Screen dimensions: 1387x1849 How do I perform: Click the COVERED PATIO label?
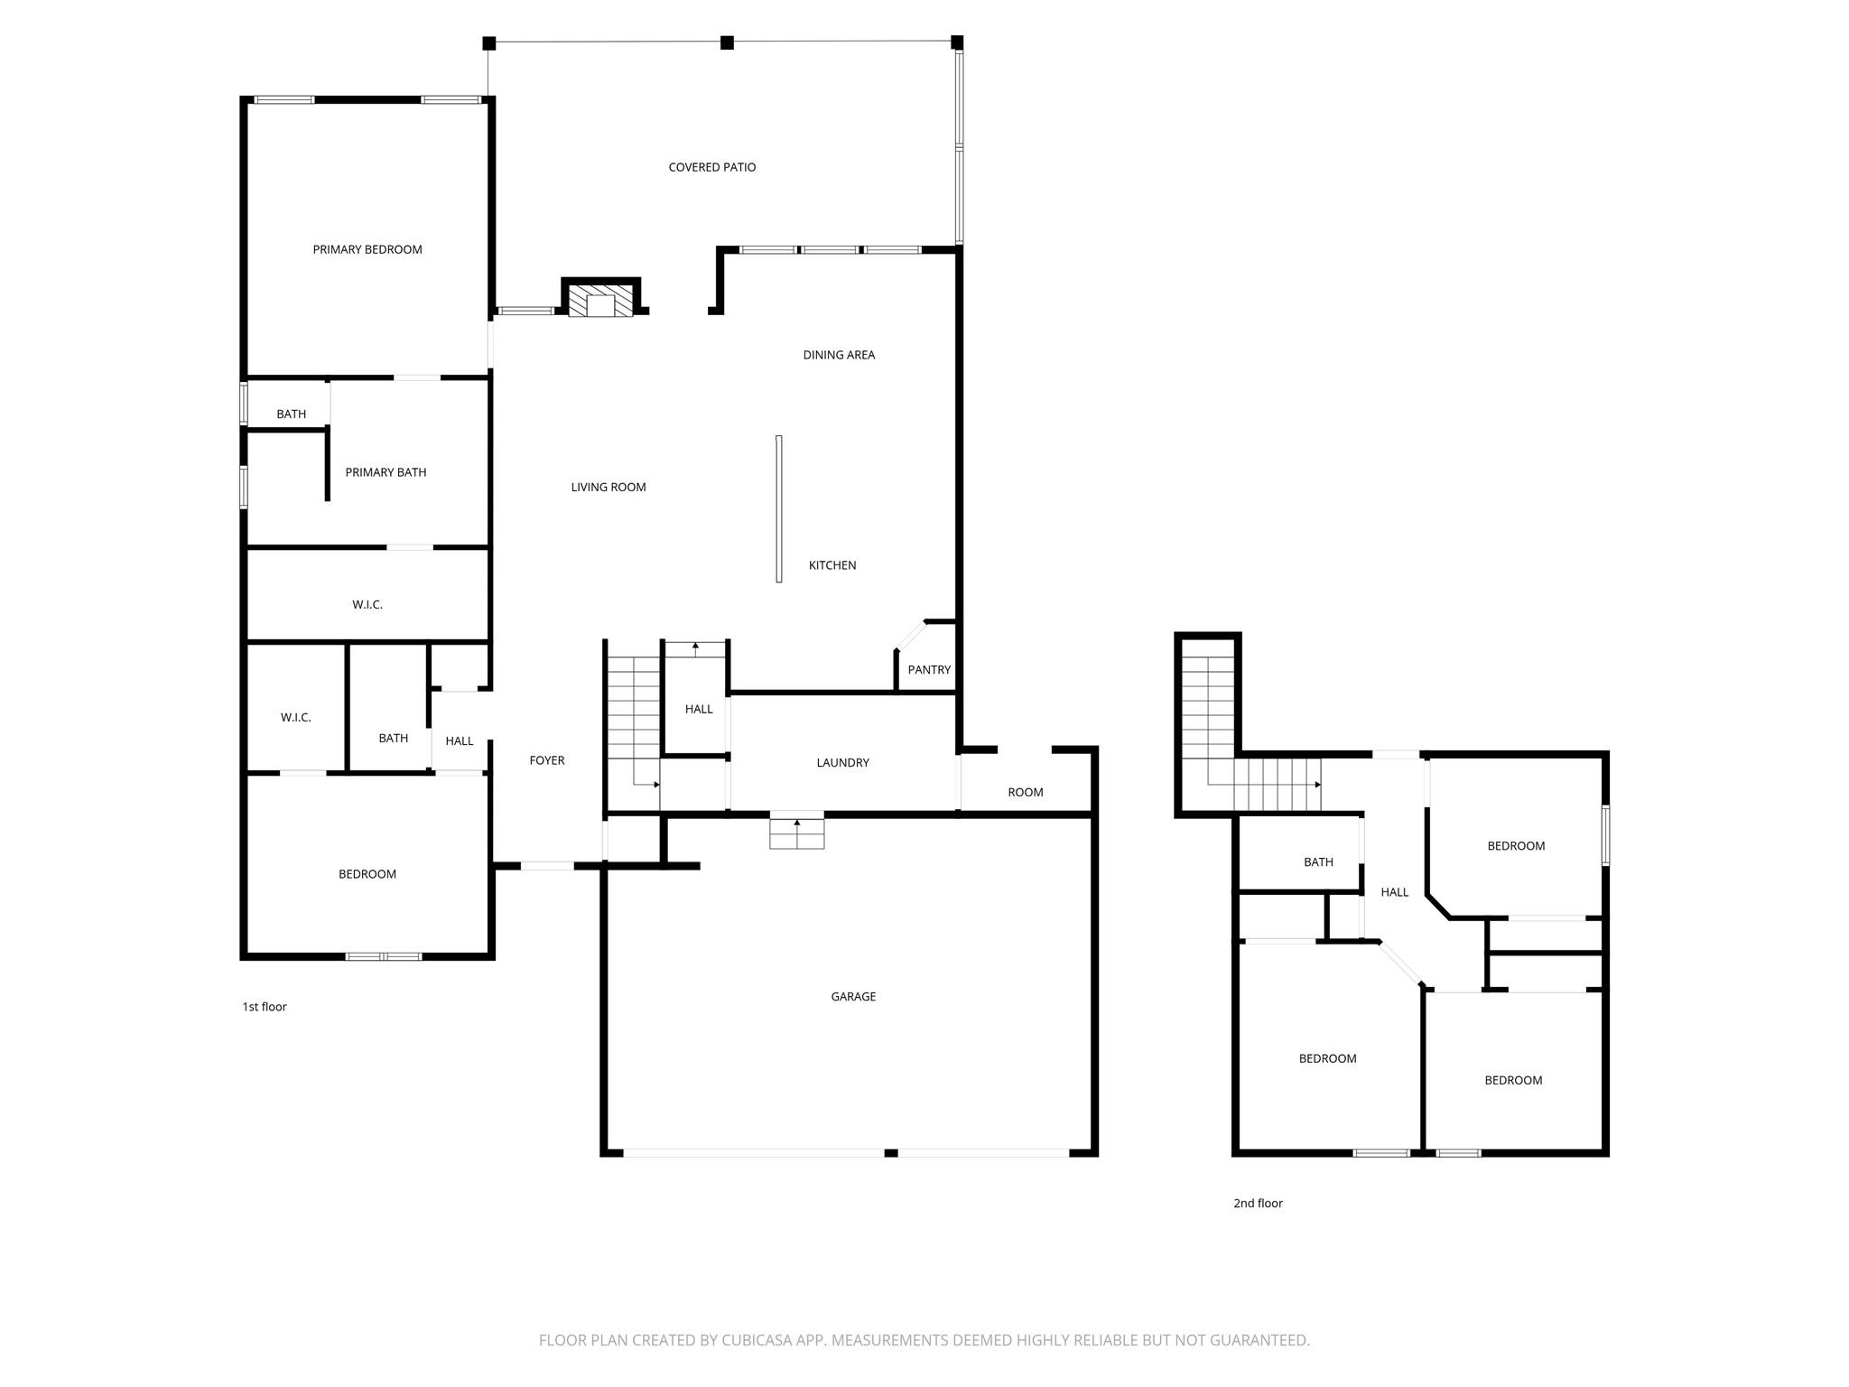click(x=711, y=167)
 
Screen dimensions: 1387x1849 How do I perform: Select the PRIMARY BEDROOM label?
click(x=367, y=249)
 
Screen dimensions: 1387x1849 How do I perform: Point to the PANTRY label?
click(x=929, y=670)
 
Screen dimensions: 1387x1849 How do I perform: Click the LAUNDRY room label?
click(x=842, y=763)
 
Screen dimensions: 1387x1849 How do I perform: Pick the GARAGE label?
click(x=853, y=997)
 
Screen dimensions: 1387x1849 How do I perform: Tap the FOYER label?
click(x=546, y=761)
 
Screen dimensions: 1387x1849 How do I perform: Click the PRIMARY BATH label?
click(x=386, y=472)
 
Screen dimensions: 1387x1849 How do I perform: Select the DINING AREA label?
click(x=839, y=355)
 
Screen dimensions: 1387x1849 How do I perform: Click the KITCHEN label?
click(x=832, y=565)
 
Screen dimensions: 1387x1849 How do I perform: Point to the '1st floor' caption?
click(x=264, y=1007)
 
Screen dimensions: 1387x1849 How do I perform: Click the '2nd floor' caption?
click(x=1258, y=1204)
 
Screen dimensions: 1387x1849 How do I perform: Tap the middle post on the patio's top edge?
click(x=727, y=42)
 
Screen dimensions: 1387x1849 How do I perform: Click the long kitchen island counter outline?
click(x=778, y=508)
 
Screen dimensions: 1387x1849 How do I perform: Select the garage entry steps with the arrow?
click(x=796, y=833)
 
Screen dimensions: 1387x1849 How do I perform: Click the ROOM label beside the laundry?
click(x=1025, y=793)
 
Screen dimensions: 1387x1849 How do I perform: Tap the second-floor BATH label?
click(x=1318, y=862)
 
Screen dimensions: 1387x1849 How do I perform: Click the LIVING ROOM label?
click(x=608, y=488)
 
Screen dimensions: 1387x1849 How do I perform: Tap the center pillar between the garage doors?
click(x=890, y=1153)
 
